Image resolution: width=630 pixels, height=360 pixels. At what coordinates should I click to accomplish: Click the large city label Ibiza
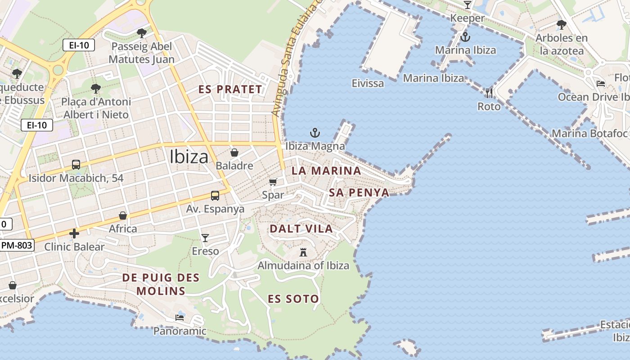(x=189, y=157)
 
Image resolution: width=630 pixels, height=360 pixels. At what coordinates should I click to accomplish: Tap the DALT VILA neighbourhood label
(x=301, y=229)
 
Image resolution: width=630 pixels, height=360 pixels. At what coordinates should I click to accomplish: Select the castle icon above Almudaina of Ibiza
(x=303, y=252)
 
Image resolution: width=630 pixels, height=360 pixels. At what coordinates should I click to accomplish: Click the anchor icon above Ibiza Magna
(x=315, y=133)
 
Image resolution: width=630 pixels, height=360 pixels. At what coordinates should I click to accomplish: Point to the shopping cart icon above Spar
(x=273, y=182)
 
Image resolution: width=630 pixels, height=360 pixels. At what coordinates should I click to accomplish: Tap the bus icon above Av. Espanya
(x=215, y=196)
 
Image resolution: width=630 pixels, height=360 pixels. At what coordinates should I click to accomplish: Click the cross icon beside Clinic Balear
(x=74, y=234)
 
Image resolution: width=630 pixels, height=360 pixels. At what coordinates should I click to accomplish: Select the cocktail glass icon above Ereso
(x=205, y=238)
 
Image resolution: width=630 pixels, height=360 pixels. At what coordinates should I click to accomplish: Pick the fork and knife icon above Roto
(x=489, y=93)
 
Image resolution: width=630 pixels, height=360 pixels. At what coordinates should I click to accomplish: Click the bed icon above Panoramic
(x=180, y=318)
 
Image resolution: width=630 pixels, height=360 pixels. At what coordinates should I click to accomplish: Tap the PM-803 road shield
(x=17, y=245)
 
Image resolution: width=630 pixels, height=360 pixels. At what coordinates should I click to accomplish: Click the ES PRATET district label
(x=230, y=89)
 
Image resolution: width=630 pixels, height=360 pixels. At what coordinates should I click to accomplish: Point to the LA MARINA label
(x=326, y=171)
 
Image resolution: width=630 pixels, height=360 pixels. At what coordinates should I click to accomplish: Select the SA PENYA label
(x=359, y=193)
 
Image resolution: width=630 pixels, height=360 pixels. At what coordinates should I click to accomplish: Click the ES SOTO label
(x=293, y=299)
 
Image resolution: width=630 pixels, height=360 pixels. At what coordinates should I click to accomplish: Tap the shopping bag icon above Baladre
(x=234, y=153)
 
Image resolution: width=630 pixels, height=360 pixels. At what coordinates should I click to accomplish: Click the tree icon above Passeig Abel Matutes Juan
(x=142, y=33)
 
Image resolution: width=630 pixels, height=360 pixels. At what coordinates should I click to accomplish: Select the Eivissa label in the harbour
(x=368, y=83)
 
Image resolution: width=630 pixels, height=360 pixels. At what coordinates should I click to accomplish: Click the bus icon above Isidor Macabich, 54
(x=76, y=165)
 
